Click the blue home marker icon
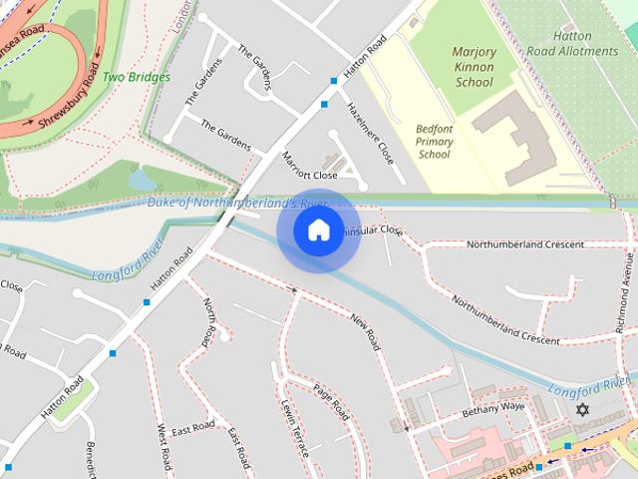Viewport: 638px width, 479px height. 318,230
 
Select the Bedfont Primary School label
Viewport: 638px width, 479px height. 435,142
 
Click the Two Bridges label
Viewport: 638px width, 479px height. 136,77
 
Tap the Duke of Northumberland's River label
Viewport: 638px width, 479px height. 237,204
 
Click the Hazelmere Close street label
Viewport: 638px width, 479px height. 370,133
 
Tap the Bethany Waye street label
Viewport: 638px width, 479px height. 492,409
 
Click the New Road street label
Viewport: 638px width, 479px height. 366,330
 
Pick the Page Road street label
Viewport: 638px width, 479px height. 331,401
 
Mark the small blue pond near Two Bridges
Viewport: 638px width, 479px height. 142,180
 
